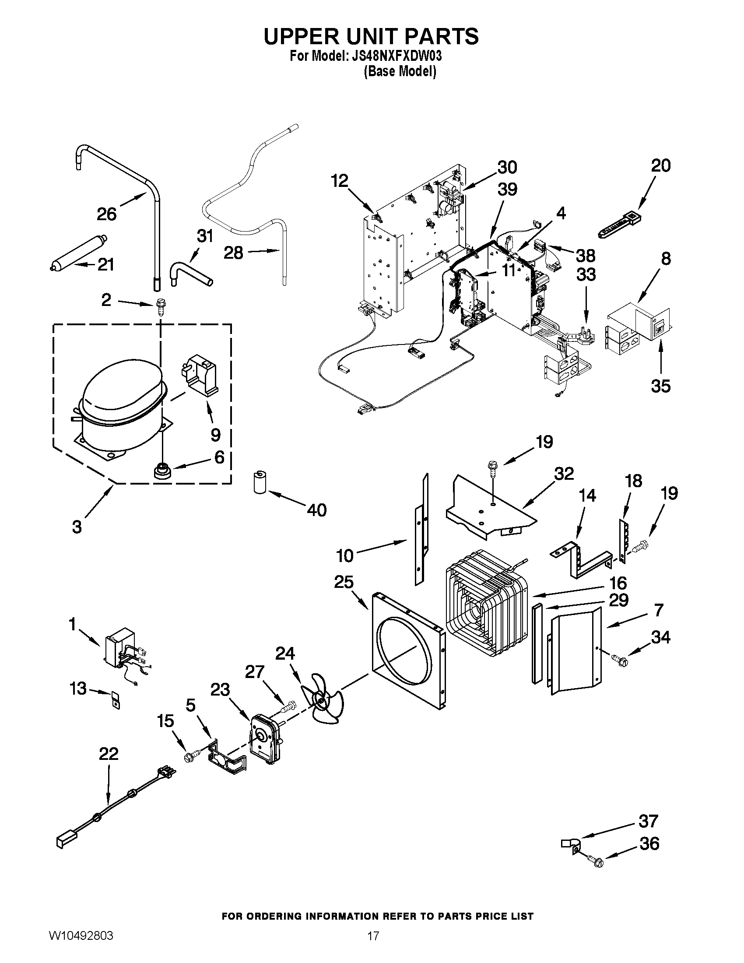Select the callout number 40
tap(316, 510)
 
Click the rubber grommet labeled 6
tap(162, 471)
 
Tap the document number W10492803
tap(81, 945)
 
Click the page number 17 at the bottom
tap(373, 945)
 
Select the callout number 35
tap(660, 386)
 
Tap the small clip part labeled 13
tap(115, 699)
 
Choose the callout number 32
tap(564, 473)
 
